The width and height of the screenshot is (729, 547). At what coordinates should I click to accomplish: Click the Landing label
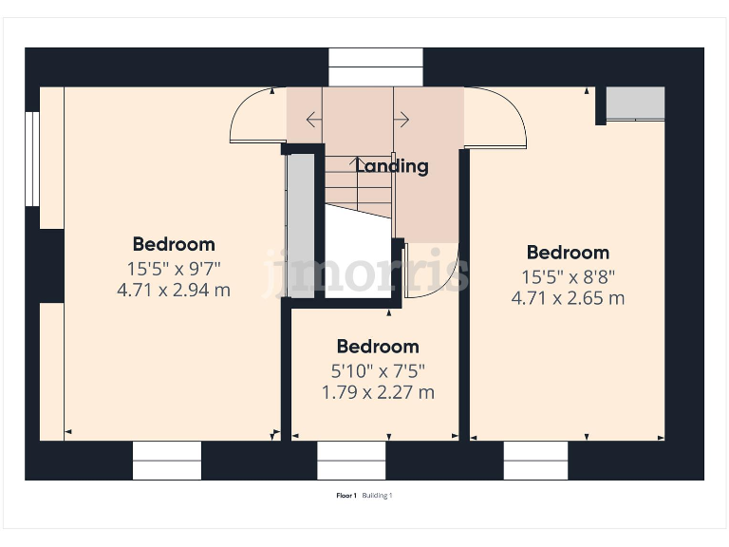click(x=392, y=166)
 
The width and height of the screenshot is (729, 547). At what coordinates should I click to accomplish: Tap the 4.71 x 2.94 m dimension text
click(x=174, y=291)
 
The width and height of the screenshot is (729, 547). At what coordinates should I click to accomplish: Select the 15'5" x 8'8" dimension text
click(x=568, y=276)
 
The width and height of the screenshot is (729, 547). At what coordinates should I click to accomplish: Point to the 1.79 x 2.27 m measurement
click(x=378, y=392)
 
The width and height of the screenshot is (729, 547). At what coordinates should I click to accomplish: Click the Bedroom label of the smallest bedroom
click(x=378, y=347)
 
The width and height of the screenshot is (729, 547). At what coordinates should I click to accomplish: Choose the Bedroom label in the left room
click(x=174, y=244)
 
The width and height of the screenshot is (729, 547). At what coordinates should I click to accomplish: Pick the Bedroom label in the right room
click(x=568, y=253)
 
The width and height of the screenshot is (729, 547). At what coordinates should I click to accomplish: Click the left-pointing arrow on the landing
click(x=313, y=120)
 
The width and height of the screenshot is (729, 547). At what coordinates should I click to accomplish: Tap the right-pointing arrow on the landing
click(x=402, y=120)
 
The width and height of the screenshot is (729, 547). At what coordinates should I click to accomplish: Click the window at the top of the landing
click(x=375, y=66)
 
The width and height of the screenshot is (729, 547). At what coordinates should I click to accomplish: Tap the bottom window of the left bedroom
click(x=167, y=461)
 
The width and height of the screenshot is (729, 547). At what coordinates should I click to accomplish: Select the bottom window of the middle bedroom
click(x=351, y=461)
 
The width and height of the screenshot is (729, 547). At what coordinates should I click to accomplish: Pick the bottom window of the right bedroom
click(x=536, y=461)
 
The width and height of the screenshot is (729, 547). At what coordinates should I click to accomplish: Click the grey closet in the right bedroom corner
click(x=635, y=103)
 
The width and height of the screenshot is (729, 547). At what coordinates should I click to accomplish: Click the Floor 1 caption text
click(x=346, y=496)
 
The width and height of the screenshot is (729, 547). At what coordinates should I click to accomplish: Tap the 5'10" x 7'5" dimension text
click(x=378, y=369)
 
